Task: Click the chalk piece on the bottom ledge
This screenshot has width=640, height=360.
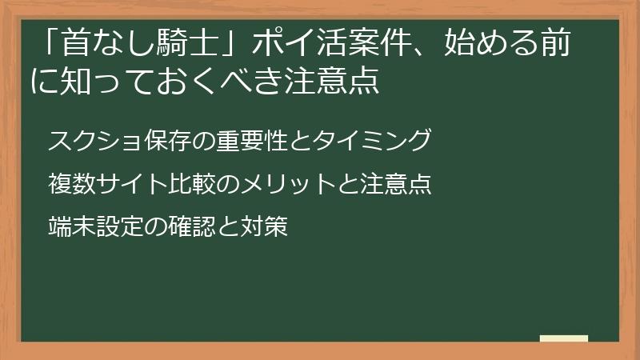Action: pyautogui.click(x=563, y=338)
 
